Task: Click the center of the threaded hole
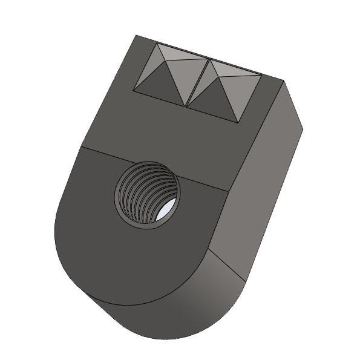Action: [147, 195]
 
